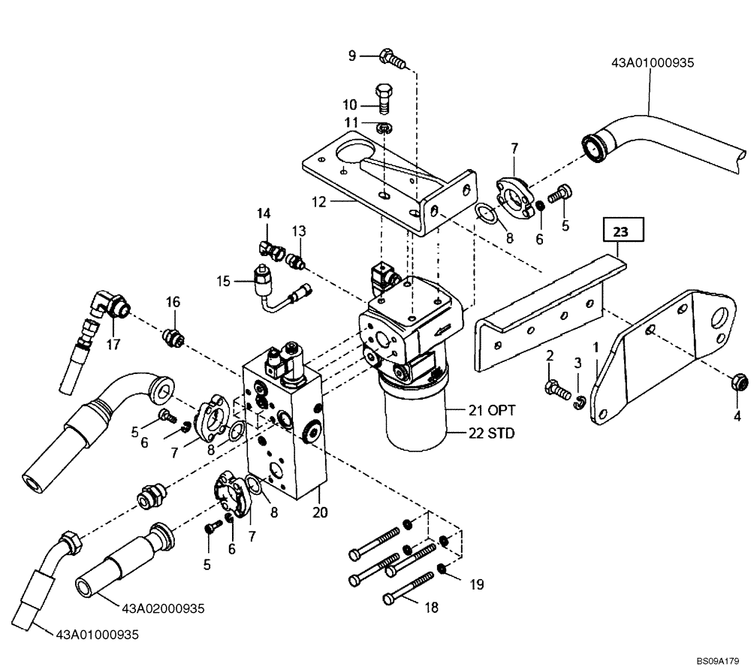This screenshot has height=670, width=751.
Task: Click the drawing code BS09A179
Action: (718, 661)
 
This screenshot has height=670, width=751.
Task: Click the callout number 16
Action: (173, 302)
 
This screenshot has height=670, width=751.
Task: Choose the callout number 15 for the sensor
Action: (223, 282)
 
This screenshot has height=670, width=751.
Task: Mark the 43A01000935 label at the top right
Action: (653, 63)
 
